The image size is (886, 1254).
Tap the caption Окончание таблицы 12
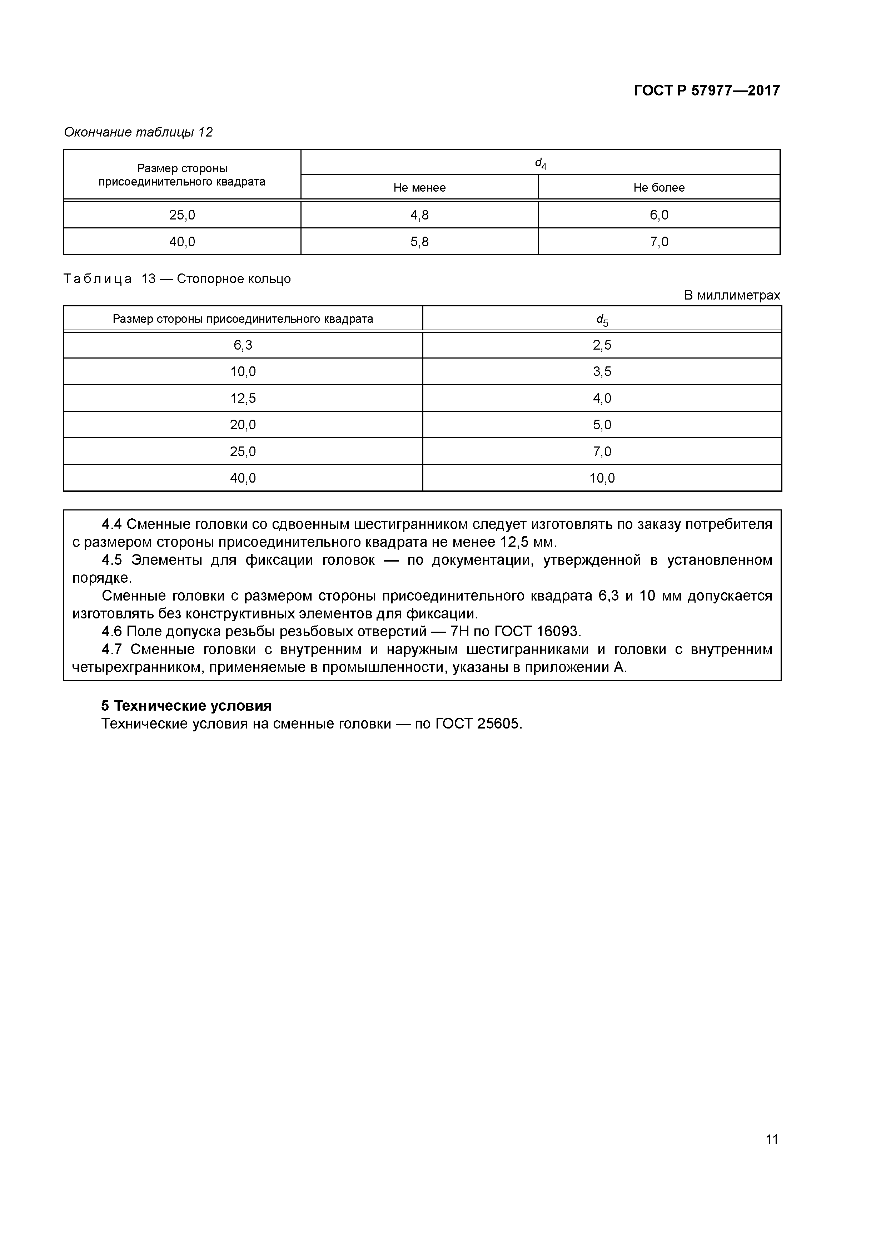click(138, 132)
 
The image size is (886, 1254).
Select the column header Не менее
click(419, 188)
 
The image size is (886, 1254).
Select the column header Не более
click(658, 188)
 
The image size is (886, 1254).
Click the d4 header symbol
click(540, 163)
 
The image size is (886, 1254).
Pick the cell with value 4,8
click(419, 215)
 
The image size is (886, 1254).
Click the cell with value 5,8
click(419, 242)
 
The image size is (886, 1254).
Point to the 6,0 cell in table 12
click(658, 215)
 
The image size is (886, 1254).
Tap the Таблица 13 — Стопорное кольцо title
click(178, 279)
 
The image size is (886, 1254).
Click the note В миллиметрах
click(732, 296)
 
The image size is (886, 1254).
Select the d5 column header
click(602, 320)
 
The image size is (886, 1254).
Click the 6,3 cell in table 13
click(243, 345)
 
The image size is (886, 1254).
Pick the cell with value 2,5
click(602, 345)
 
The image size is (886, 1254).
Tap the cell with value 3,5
click(602, 372)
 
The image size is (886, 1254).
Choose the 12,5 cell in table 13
click(243, 399)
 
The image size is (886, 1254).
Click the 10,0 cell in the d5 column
click(602, 478)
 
